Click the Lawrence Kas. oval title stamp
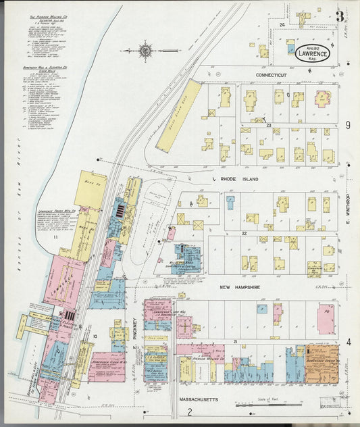coord(313,53)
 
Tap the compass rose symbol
coord(146,49)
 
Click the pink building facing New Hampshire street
coord(326,318)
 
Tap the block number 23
coord(268,126)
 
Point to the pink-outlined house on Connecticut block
coord(322,98)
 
